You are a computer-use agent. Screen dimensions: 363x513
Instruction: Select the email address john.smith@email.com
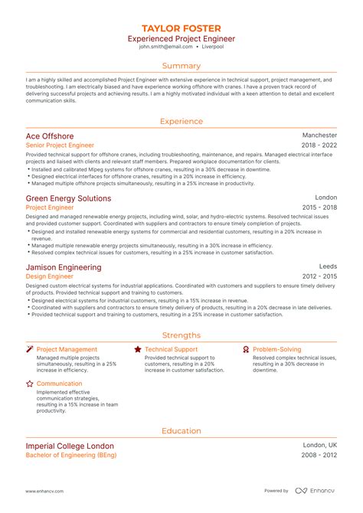pyautogui.click(x=160, y=47)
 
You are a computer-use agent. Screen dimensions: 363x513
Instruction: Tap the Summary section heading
pyautogui.click(x=181, y=66)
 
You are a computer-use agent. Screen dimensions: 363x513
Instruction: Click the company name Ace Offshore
pyautogui.click(x=50, y=136)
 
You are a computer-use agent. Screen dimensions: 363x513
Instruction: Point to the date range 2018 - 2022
pyautogui.click(x=319, y=145)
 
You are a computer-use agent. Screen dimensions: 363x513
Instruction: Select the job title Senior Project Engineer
pyautogui.click(x=60, y=145)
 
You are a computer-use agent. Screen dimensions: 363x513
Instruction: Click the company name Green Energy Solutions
pyautogui.click(x=68, y=198)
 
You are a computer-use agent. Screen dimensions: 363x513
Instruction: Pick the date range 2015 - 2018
pyautogui.click(x=319, y=207)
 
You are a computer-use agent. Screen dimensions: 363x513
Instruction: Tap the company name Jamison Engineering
pyautogui.click(x=63, y=267)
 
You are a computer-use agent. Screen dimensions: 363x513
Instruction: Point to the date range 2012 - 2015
pyautogui.click(x=319, y=276)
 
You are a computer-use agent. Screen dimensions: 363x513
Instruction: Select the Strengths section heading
pyautogui.click(x=181, y=335)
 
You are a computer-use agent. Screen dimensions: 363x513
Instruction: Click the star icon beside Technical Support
pyautogui.click(x=138, y=349)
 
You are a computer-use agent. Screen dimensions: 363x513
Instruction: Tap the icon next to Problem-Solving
pyautogui.click(x=246, y=349)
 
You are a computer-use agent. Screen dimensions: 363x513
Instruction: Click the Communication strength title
pyautogui.click(x=59, y=384)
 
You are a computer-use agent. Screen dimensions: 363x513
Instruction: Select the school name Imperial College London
pyautogui.click(x=70, y=446)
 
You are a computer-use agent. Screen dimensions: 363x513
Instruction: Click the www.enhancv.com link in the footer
pyautogui.click(x=44, y=491)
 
